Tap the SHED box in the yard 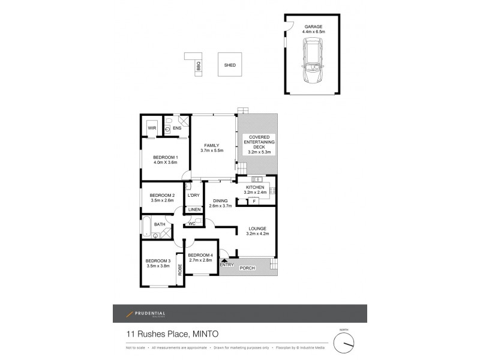pyautogui.click(x=229, y=64)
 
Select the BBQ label pyautogui.click(x=198, y=68)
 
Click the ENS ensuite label pyautogui.click(x=177, y=128)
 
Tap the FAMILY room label pyautogui.click(x=211, y=145)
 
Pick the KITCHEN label pyautogui.click(x=256, y=188)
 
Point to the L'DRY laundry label pyautogui.click(x=193, y=196)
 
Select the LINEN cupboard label pyautogui.click(x=193, y=209)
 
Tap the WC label pyautogui.click(x=192, y=223)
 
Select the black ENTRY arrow pyautogui.click(x=224, y=259)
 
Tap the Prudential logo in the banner pyautogui.click(x=146, y=314)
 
